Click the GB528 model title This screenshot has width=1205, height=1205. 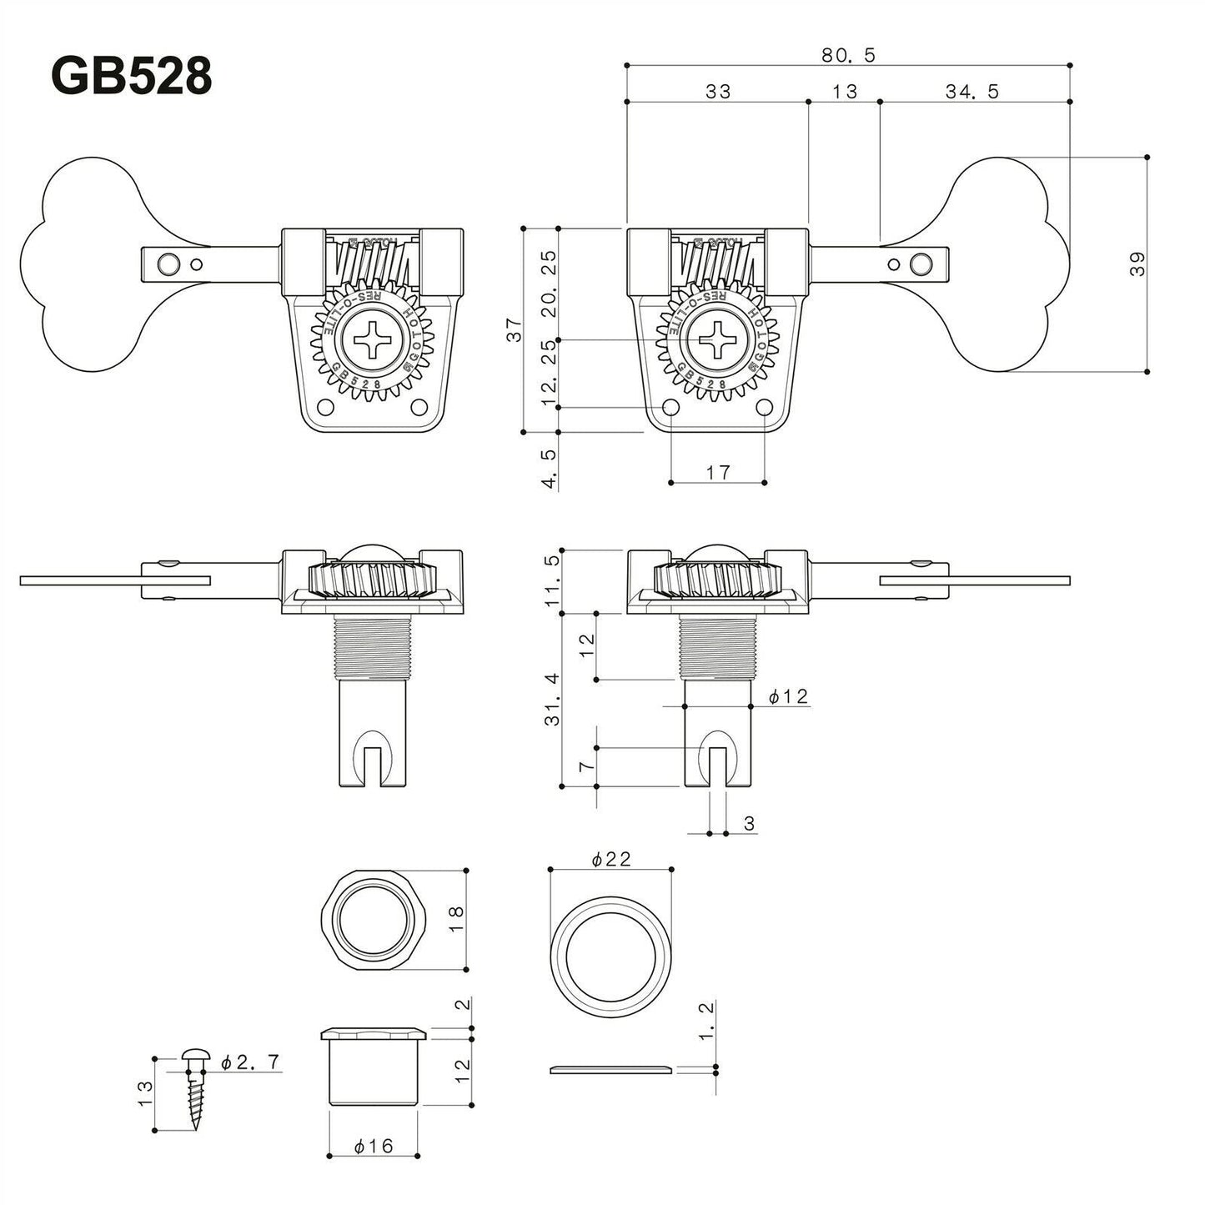pos(132,77)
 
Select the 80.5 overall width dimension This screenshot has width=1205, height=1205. pos(847,55)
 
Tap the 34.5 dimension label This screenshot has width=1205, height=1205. pos(972,92)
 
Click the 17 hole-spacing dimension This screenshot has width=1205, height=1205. pos(717,472)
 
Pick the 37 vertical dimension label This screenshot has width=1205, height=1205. pos(515,330)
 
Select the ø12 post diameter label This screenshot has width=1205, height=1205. pos(787,696)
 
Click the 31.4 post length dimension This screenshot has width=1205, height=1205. pos(551,700)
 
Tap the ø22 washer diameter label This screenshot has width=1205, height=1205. pos(610,859)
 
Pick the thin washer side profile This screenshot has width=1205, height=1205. pos(611,1070)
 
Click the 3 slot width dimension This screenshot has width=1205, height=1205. pos(748,824)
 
